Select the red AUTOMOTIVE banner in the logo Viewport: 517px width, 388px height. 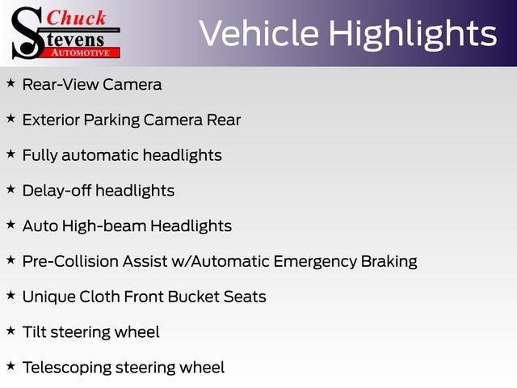(x=84, y=52)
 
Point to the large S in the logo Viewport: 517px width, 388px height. (x=27, y=32)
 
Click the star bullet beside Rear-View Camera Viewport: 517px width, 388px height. (x=11, y=83)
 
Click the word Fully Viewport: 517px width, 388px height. (x=40, y=155)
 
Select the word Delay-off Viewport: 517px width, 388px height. (x=57, y=191)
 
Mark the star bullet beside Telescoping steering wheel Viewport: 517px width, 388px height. (x=11, y=366)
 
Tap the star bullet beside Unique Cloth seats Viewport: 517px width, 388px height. (x=11, y=296)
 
